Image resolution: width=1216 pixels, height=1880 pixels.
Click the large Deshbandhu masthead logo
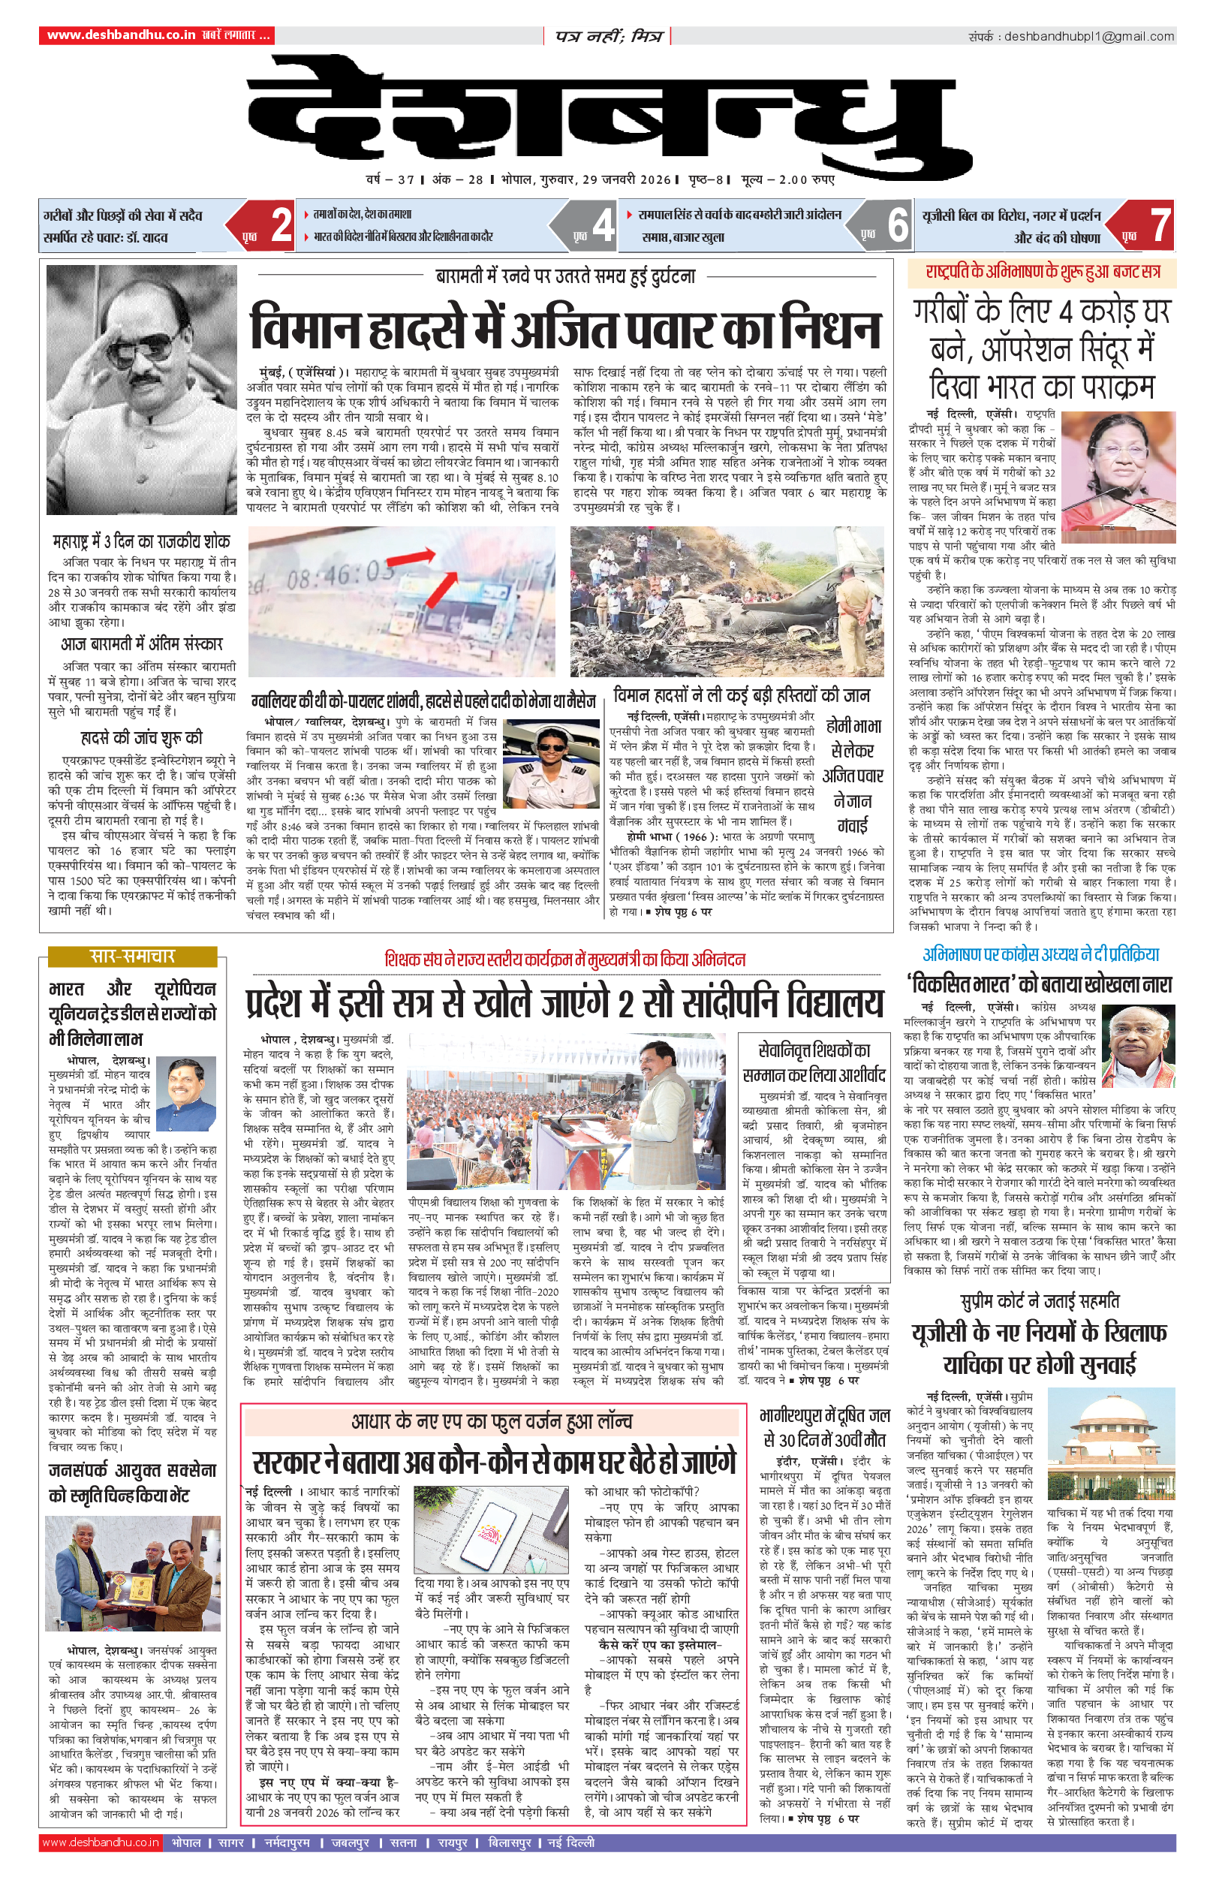[600, 110]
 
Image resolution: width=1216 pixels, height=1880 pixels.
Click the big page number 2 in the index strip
[281, 225]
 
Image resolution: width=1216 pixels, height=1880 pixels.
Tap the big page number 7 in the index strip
[1159, 225]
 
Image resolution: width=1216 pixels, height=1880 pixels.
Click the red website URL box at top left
[157, 35]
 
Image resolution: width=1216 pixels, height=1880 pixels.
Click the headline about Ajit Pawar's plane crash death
[564, 328]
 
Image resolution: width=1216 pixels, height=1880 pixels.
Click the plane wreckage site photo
[727, 601]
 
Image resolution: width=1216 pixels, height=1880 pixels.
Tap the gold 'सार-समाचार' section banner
[132, 957]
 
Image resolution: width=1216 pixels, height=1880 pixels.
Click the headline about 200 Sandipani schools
[564, 1003]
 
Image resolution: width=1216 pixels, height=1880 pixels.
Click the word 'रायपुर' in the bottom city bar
[453, 1842]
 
